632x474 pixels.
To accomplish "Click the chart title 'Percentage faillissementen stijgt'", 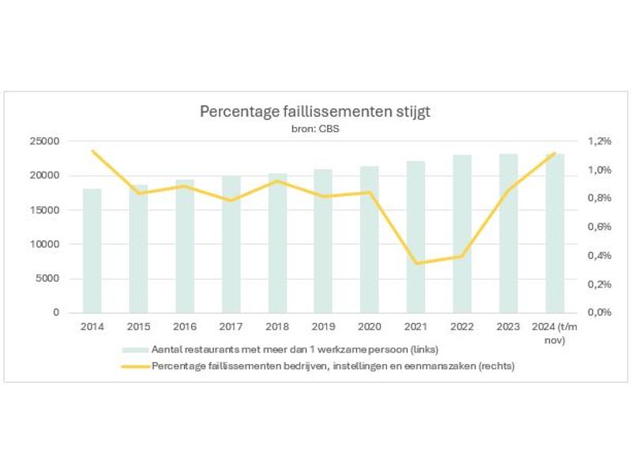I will pos(315,111).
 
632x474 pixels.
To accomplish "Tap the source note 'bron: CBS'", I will pos(315,128).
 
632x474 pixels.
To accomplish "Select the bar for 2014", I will pos(92,250).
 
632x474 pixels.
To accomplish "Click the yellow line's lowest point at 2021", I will pos(416,263).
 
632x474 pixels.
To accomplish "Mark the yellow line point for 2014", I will pos(92,151).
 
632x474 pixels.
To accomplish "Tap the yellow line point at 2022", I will pos(461,256).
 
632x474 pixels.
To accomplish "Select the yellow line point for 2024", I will pos(554,153).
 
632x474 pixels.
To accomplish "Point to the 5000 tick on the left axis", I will pos(47,278).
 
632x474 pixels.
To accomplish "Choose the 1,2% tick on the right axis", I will pos(600,141).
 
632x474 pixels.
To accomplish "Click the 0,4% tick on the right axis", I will pos(600,255).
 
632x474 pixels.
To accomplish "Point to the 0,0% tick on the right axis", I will pos(600,312).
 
